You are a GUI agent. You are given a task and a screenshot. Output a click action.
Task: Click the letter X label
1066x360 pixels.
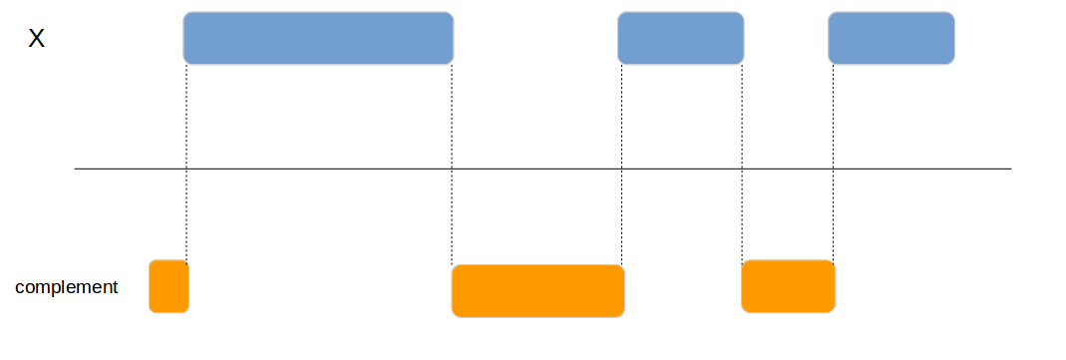36,40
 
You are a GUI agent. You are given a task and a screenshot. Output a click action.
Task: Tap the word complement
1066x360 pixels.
67,287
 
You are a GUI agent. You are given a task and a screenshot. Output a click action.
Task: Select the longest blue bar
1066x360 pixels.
318,38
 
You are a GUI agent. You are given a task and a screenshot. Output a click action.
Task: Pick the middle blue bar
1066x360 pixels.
680,38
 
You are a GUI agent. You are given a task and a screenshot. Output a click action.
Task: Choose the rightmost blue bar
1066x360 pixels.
890,38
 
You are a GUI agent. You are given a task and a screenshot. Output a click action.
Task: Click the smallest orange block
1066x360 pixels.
169,286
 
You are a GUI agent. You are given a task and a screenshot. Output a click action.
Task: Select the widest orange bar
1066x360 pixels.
537,291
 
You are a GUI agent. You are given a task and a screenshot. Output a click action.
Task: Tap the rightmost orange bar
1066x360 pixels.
788,286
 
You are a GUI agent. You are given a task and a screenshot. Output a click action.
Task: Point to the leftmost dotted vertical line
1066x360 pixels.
186,120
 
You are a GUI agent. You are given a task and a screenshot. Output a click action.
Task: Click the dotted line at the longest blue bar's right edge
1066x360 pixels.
452,120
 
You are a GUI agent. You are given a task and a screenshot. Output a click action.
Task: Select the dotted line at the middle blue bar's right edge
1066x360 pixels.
743,120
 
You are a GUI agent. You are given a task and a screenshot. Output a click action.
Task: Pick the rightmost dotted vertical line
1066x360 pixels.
833,120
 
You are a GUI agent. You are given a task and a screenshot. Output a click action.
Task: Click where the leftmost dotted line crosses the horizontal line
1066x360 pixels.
186,169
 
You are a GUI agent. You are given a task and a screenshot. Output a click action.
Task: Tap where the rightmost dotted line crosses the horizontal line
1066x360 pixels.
833,169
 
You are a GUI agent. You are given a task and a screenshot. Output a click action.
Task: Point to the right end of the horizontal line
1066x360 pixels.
1010,169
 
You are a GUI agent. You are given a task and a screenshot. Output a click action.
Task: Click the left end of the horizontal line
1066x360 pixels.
76,169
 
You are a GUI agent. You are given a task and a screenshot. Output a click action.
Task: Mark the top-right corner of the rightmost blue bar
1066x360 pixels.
952,14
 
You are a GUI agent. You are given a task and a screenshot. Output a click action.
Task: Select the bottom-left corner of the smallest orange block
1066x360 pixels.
152,310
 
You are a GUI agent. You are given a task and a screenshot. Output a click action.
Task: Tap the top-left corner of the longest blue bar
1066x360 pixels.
185,14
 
